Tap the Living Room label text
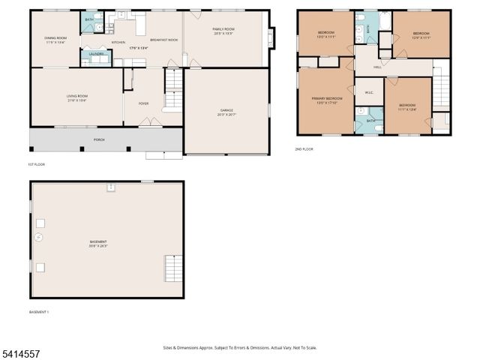coord(76,97)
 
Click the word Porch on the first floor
coord(99,139)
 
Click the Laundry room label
coord(96,55)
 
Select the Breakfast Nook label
coord(163,40)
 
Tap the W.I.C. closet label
coord(369,93)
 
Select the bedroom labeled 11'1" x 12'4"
coord(407,106)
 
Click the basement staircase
coord(172,268)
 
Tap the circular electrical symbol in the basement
coord(39,238)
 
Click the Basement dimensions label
coord(98,244)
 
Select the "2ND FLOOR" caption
coord(304,149)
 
